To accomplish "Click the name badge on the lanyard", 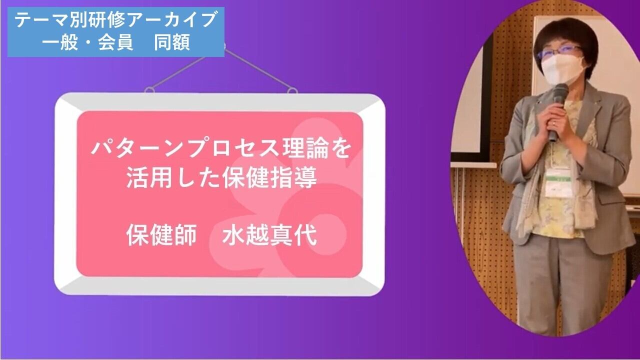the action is [x=558, y=183].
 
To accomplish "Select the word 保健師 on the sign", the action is [x=161, y=235].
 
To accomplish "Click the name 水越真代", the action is [x=269, y=235].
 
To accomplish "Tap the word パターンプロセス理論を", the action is [x=221, y=148].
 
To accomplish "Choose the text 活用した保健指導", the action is [x=221, y=177].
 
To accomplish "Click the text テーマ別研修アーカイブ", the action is [x=115, y=19].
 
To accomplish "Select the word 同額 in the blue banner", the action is [x=172, y=42].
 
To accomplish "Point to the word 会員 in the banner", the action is [x=115, y=42].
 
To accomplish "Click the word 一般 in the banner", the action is [x=59, y=42].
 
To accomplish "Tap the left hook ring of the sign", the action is [x=149, y=90].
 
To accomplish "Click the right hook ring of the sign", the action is [x=292, y=90].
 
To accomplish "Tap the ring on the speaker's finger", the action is [x=554, y=123].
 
